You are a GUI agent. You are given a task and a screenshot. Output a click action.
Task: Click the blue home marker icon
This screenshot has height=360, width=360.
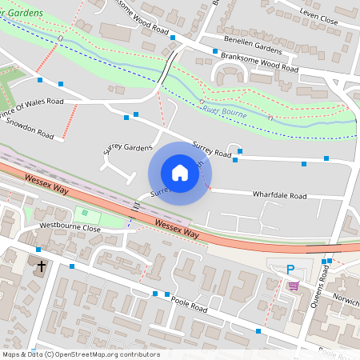179,173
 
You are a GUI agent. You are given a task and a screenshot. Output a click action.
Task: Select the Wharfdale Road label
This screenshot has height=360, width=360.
279,195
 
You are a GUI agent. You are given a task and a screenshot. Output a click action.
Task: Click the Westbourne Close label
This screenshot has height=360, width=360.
70,228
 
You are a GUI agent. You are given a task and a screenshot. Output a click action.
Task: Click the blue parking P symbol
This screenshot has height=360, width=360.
290,270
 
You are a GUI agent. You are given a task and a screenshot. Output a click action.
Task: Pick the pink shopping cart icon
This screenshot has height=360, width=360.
293,285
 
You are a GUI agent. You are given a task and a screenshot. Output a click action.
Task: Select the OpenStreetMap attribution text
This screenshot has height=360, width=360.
81,354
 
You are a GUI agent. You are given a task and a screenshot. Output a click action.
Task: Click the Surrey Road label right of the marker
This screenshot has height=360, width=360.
212,149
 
